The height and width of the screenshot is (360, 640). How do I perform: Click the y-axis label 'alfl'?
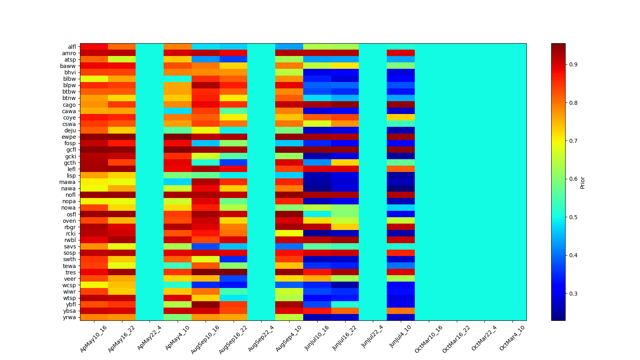(72, 47)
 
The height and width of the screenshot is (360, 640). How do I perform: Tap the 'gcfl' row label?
(71, 150)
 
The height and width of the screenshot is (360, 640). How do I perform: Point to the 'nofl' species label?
(71, 195)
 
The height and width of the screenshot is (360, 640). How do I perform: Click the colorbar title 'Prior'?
(582, 182)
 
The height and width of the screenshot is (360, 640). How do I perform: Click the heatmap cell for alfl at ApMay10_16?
(94, 46)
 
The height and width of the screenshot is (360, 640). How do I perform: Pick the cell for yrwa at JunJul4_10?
(401, 317)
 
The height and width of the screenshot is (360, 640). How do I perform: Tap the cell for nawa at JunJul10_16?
(317, 188)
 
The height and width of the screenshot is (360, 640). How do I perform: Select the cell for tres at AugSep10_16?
(206, 272)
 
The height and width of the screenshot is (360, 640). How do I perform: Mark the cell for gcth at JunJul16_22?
(345, 162)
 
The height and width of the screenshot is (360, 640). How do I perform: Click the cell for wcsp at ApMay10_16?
(94, 285)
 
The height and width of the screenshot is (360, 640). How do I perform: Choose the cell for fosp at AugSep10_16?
(206, 143)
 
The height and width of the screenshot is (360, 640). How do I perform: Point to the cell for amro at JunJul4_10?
(401, 53)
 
